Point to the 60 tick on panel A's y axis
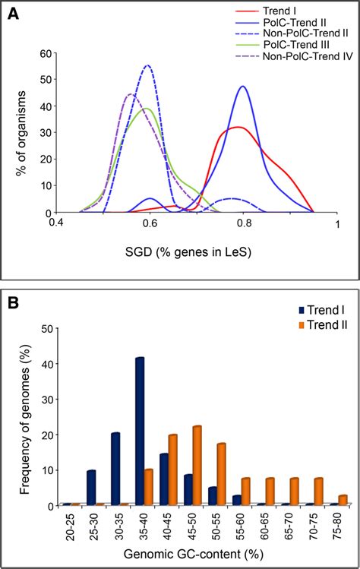[x=45, y=53]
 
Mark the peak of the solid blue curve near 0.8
[x=243, y=87]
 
